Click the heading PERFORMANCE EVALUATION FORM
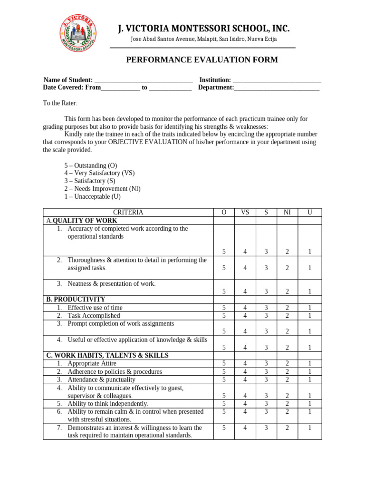202,60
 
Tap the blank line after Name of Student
144,80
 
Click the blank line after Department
277,88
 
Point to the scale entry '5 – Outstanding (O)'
91,166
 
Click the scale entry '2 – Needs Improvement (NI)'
102,188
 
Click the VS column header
245,213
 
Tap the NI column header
287,213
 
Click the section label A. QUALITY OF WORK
82,221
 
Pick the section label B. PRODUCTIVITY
76,299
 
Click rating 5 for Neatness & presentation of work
224,291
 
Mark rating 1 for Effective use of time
309,308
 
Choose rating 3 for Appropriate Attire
266,363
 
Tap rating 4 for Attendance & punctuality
245,380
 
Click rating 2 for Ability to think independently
287,403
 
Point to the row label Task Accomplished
94,315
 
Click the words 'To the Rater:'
60,103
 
